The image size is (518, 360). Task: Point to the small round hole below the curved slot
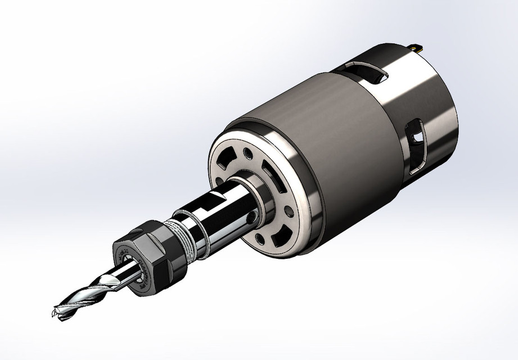coord(289,211)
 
